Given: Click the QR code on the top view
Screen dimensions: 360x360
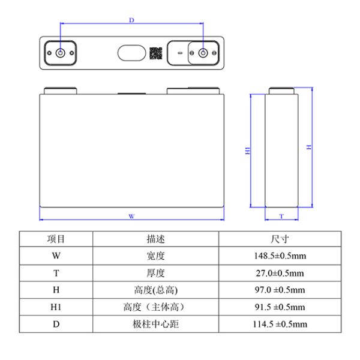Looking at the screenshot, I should [156, 53].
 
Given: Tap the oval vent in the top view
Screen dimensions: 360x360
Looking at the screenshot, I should [130, 53].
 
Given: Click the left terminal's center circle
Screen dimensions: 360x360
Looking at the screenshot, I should [60, 53].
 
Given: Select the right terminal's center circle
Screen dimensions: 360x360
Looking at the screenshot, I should [202, 53].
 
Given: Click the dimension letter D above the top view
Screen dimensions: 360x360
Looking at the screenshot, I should [131, 20].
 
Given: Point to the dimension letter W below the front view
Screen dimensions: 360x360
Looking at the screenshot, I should [131, 215].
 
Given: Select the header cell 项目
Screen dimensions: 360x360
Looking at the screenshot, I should [56, 239].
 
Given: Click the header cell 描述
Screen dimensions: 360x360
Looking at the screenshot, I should [155, 239].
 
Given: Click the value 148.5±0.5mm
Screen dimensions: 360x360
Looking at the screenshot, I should [280, 256].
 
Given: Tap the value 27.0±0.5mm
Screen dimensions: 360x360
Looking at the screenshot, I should [280, 273].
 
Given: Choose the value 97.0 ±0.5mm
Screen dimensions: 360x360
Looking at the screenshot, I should [280, 290].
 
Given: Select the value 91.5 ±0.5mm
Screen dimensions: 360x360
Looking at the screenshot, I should [280, 307].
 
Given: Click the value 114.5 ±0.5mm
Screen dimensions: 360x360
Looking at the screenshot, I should [280, 325].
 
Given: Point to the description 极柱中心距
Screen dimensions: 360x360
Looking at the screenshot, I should [155, 325].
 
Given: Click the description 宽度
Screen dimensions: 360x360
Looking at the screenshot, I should [155, 256].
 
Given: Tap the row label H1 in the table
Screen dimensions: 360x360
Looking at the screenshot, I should [56, 307].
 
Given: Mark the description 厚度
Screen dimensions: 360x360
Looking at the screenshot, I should [155, 273].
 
